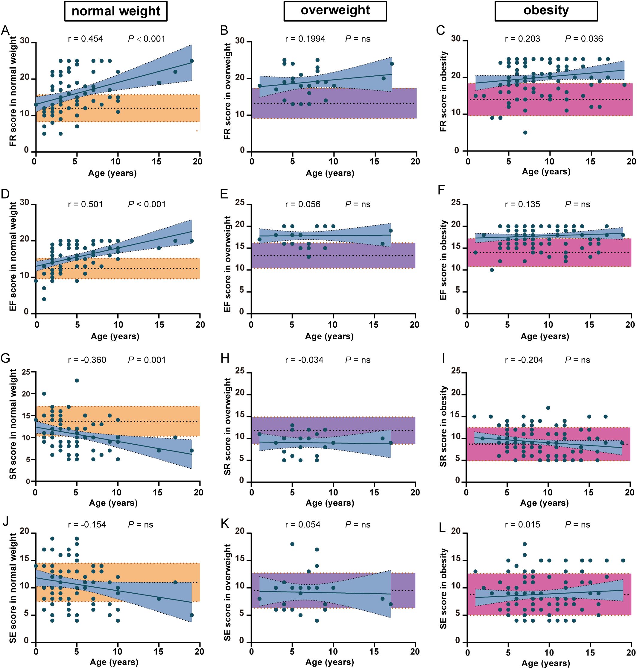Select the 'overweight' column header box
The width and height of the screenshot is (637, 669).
click(x=335, y=11)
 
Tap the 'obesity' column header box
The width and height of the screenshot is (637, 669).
click(x=546, y=11)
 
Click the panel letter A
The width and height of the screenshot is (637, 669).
click(x=5, y=31)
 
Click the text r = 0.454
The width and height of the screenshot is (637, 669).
click(x=86, y=39)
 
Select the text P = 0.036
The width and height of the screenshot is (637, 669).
click(x=584, y=39)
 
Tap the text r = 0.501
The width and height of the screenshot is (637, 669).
click(x=86, y=204)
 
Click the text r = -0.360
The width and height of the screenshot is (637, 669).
click(x=87, y=360)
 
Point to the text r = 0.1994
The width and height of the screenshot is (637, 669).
click(x=305, y=39)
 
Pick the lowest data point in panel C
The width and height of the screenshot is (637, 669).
click(x=525, y=133)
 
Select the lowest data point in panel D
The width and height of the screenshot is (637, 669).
click(x=44, y=299)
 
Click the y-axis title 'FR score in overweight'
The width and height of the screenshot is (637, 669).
click(x=227, y=91)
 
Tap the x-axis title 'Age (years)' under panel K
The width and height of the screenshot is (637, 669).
click(x=330, y=662)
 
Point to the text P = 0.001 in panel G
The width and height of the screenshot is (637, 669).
click(x=147, y=360)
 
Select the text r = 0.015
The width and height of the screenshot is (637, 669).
click(x=523, y=525)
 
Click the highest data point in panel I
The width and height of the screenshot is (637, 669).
click(x=548, y=408)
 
